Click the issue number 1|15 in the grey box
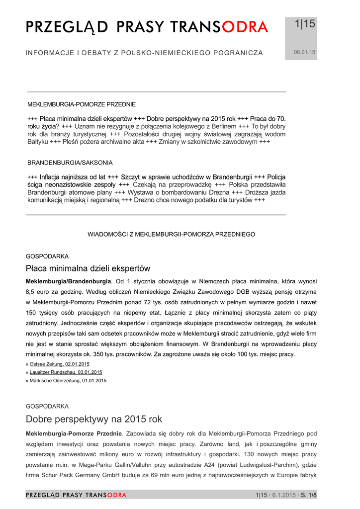coord(305,24)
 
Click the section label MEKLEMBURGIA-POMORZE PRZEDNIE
coord(81,104)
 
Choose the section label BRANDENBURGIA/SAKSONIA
coord(70,163)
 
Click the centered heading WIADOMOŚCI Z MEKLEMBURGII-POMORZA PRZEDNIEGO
coord(172,234)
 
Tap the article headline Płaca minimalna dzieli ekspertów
coord(88,268)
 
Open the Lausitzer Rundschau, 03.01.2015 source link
coord(66,372)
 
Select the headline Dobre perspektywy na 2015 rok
coord(94,419)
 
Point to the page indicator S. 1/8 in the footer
coord(308,495)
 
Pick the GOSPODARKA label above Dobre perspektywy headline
coord(47,406)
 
